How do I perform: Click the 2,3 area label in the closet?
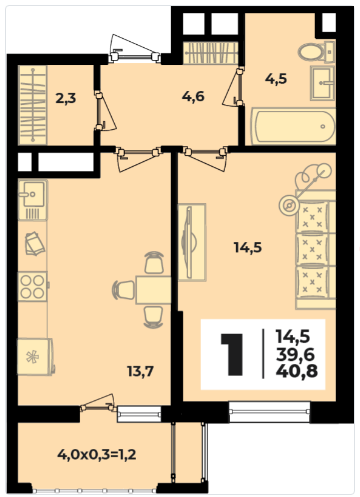(x=66, y=99)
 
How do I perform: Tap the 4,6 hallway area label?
(x=193, y=97)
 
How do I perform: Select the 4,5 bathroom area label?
(x=276, y=79)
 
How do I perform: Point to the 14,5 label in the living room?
(x=248, y=248)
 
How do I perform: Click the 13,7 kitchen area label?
(x=140, y=371)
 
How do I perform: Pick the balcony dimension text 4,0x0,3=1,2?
(x=97, y=454)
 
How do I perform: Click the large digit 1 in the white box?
(x=232, y=354)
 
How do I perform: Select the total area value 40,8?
(x=297, y=371)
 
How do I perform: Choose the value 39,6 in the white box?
(x=295, y=355)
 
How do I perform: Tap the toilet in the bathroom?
(x=316, y=52)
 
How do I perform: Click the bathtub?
(x=293, y=126)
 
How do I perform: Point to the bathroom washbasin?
(x=322, y=82)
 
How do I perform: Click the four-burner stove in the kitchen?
(x=33, y=287)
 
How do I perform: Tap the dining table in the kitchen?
(x=153, y=290)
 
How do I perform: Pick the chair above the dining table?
(x=154, y=263)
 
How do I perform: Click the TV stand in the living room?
(x=192, y=242)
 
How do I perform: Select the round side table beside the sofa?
(x=288, y=205)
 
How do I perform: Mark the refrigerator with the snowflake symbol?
(x=35, y=357)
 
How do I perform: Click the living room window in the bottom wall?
(x=270, y=412)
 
